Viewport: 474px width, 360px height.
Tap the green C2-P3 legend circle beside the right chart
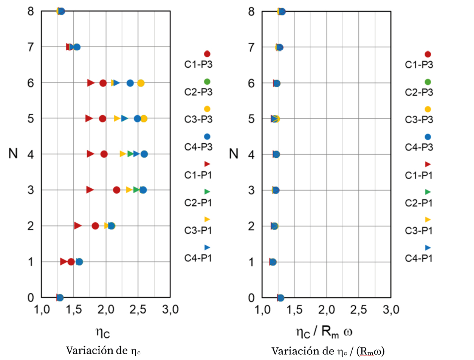click(428, 82)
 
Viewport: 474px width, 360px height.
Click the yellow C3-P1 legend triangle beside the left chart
click(207, 219)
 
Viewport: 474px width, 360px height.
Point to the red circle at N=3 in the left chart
click(116, 190)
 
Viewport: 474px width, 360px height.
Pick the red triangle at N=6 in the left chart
click(91, 83)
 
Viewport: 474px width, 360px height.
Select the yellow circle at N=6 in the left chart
click(141, 83)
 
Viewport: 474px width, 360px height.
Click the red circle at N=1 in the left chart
click(71, 262)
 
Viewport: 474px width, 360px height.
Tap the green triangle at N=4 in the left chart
click(130, 154)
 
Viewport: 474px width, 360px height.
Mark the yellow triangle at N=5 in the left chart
click(117, 118)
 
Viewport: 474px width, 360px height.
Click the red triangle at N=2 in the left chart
click(78, 226)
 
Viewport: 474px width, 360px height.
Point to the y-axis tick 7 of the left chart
click(31, 47)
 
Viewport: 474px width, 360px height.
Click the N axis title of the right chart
click(234, 154)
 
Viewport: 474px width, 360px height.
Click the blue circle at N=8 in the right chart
click(282, 11)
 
